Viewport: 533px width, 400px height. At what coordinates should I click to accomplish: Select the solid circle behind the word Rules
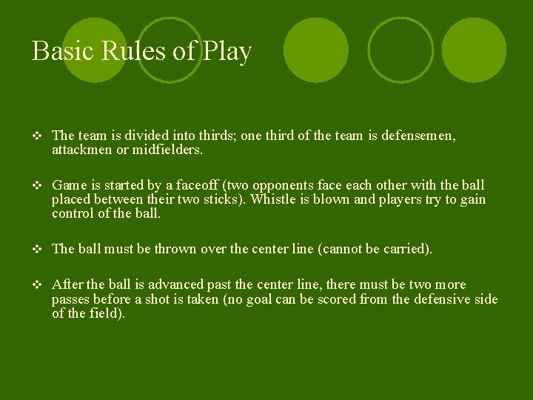[x=95, y=50]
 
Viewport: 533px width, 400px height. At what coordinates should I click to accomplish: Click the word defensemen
[x=418, y=136]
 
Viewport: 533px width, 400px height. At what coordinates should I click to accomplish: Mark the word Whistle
[x=273, y=199]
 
